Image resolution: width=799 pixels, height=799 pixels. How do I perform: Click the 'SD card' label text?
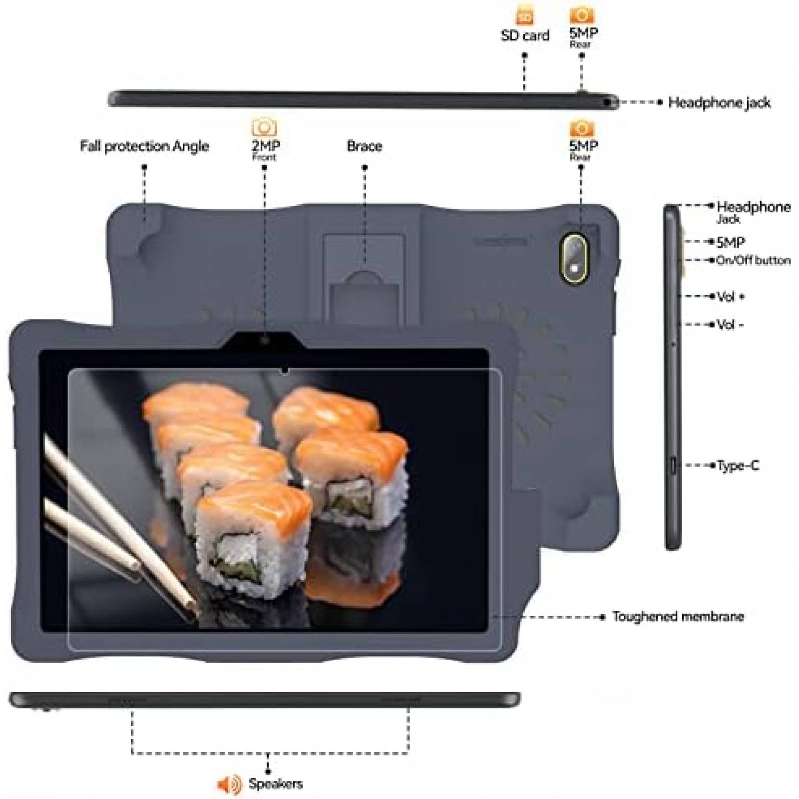tap(525, 35)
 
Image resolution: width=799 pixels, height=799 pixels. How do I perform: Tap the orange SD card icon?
tap(524, 15)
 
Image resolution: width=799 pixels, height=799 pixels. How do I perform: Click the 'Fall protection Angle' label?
tap(144, 146)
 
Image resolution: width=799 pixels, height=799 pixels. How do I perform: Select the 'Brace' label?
tap(365, 146)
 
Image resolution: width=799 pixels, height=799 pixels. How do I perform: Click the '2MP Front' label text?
tap(265, 149)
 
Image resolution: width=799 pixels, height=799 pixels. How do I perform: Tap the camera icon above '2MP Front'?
tap(264, 127)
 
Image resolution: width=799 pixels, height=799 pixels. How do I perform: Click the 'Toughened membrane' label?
tap(678, 617)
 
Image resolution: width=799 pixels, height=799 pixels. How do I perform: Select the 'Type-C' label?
tap(738, 466)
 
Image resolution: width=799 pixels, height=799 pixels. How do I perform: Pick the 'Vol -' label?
tap(730, 325)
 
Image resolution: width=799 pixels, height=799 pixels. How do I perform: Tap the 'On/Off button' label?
tap(753, 260)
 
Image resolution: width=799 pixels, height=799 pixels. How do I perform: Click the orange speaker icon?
tap(229, 784)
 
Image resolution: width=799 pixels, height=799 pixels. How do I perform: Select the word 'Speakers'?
tap(276, 784)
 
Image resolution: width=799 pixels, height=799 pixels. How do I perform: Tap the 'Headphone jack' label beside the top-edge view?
tap(719, 103)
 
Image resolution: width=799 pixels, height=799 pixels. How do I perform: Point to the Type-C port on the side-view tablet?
tap(673, 465)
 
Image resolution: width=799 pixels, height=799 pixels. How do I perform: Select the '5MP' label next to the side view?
tap(731, 242)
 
